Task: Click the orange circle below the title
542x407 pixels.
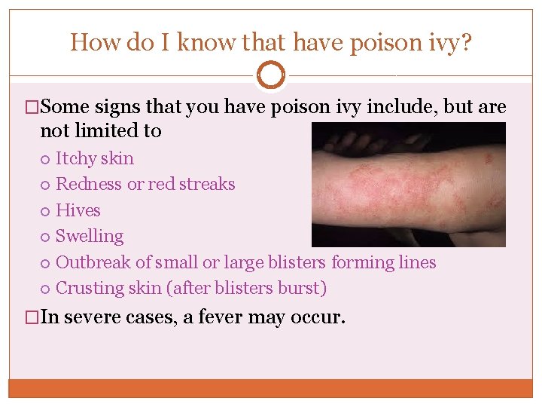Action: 271,75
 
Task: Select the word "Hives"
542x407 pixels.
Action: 78,210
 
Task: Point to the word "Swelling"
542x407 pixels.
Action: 90,236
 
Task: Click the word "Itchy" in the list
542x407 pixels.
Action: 76,159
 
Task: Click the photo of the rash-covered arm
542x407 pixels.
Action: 408,185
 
